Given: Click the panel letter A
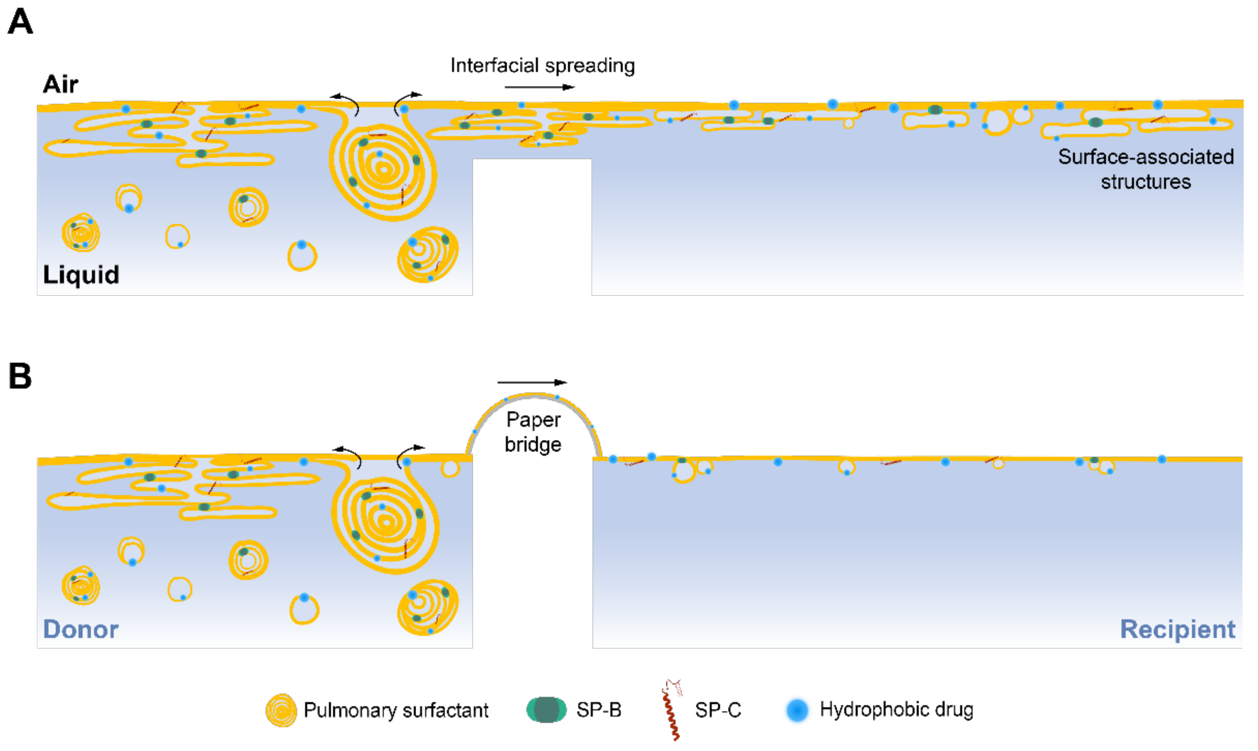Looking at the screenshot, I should point(20,22).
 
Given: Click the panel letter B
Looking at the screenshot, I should point(20,377).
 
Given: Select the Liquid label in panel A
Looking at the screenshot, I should point(81,275).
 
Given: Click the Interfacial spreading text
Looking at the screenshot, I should point(543,66).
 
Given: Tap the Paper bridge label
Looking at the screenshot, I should point(533,432).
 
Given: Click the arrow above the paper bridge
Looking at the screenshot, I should point(532,383).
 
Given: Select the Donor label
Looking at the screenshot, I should point(80,629).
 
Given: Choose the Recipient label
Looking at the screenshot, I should point(1178,629).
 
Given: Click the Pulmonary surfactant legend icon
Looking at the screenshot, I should point(281,710).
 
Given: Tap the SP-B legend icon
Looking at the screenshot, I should point(547,710).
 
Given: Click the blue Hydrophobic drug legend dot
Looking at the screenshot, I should point(797,710).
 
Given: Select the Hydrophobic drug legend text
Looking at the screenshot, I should point(896,710).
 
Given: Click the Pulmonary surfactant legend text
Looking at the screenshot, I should point(396,710).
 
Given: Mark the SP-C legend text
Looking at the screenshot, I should point(717,710).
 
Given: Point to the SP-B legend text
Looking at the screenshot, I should point(599,710).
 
